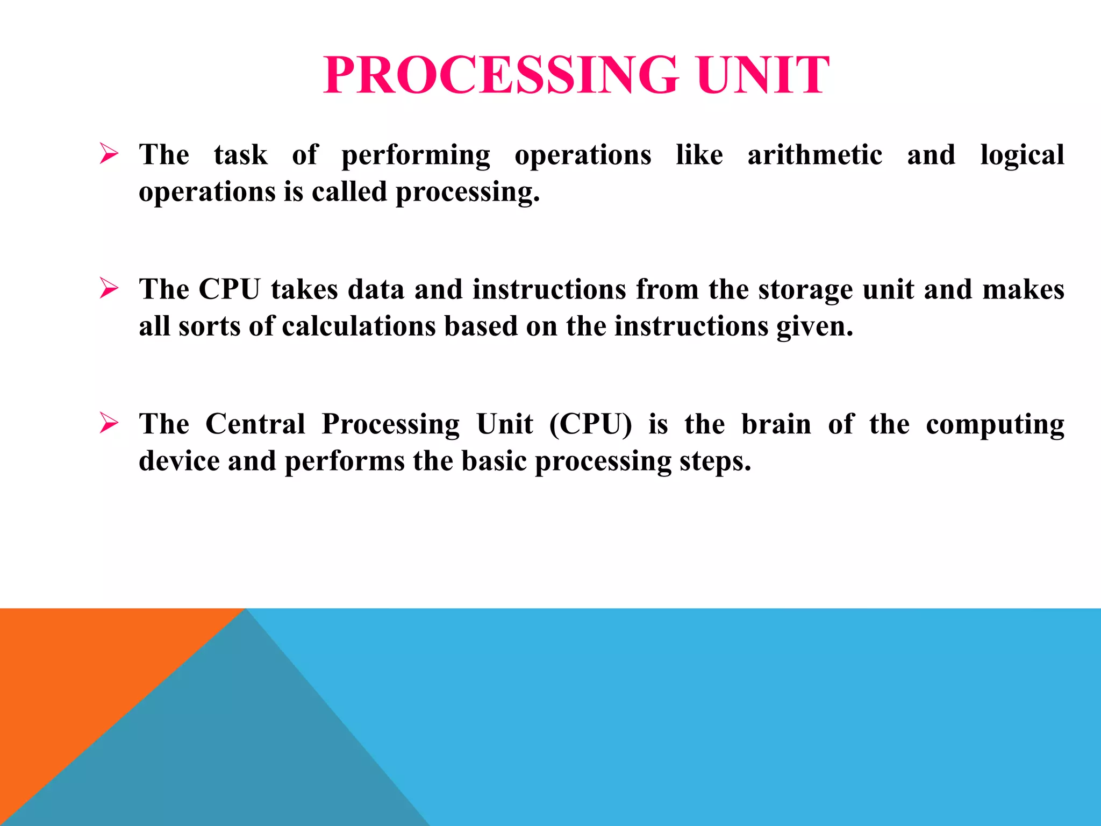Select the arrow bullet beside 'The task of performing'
109,154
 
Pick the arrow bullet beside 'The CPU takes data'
109,289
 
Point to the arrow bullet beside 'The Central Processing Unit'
109,423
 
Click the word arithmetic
814,155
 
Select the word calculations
359,326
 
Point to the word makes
1023,289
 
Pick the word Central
255,424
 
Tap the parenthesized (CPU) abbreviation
590,424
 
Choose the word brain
776,424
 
